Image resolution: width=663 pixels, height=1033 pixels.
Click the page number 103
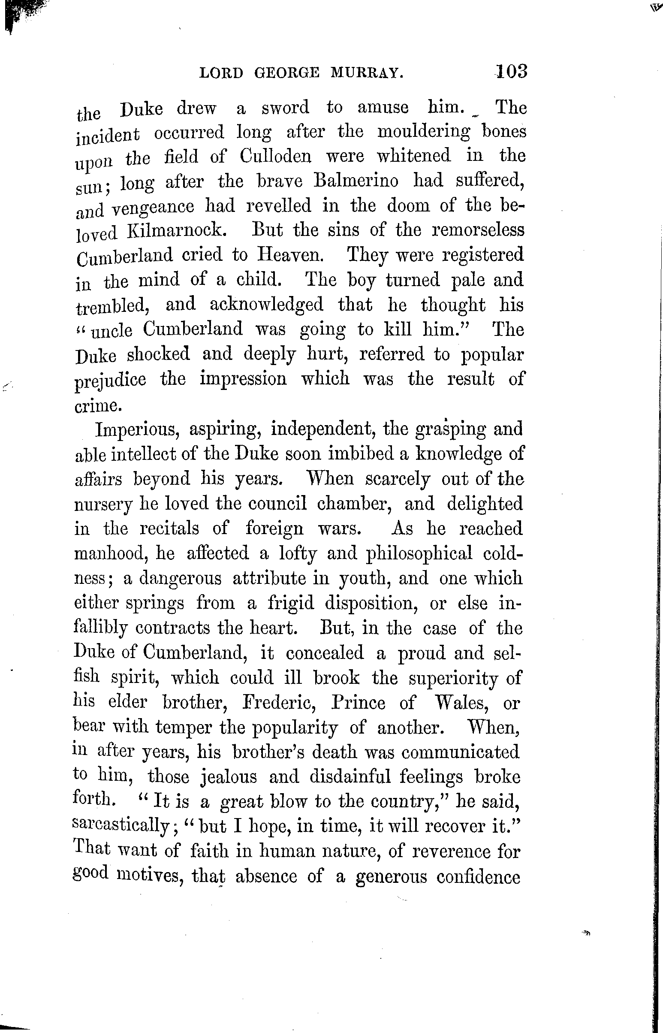pos(511,71)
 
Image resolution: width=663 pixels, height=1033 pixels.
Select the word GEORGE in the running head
pos(287,74)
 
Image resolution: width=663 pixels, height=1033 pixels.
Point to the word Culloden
pos(275,156)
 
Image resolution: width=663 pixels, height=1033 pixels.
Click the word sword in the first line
pos(286,108)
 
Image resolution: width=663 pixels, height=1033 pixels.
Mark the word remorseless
pos(478,230)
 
